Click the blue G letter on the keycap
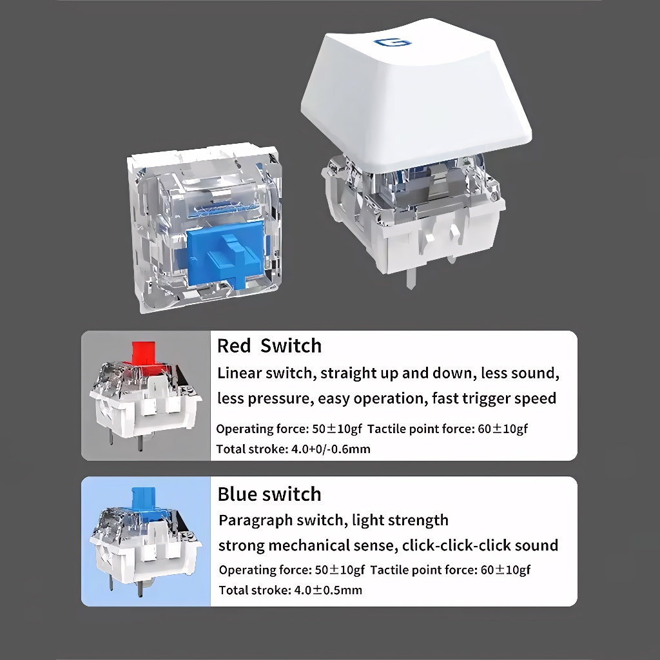click(x=393, y=42)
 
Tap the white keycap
click(x=416, y=95)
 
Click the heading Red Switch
click(x=269, y=346)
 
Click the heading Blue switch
click(x=269, y=494)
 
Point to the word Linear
click(x=240, y=373)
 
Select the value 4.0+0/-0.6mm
click(x=331, y=449)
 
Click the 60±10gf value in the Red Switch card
click(x=503, y=429)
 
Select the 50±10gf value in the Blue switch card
click(x=340, y=570)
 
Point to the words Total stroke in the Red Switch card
click(x=251, y=449)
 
